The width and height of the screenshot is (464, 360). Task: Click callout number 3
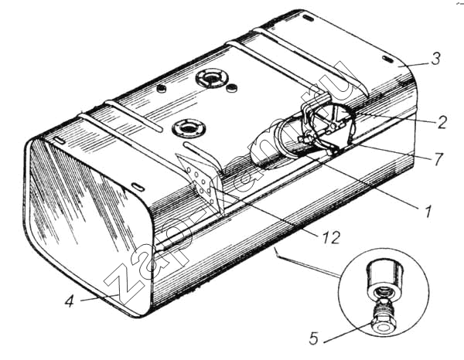tap(435, 59)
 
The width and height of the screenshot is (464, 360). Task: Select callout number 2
tap(442, 122)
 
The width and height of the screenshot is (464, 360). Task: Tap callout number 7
tap(438, 159)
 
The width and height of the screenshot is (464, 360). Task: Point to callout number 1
tap(427, 211)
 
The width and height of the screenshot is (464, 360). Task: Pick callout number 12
tap(329, 237)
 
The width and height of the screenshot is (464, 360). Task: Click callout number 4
tap(69, 301)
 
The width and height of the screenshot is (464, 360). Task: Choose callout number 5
tap(314, 338)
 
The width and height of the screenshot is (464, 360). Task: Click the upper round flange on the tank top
tap(212, 77)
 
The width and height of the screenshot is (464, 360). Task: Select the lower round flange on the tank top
tap(188, 128)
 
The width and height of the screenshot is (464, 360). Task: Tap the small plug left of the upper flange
tap(162, 88)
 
